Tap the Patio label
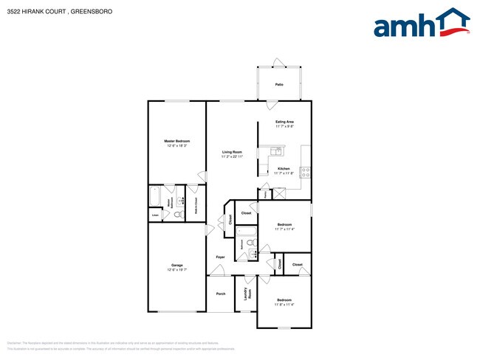279,85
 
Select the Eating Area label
284,121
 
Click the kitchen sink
276,151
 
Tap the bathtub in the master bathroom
155,196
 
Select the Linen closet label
155,215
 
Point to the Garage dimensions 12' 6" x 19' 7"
176,270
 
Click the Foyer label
220,257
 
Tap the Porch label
220,293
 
